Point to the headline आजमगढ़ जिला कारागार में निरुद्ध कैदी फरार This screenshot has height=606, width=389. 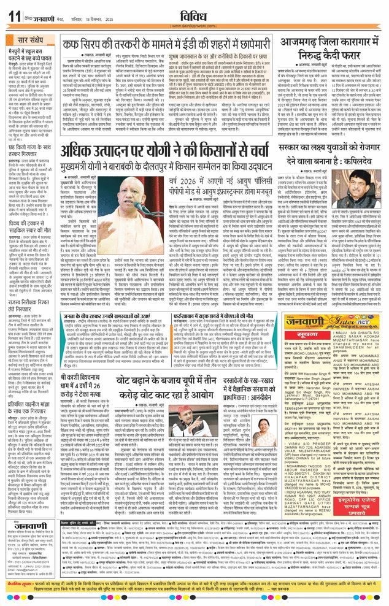331,48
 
